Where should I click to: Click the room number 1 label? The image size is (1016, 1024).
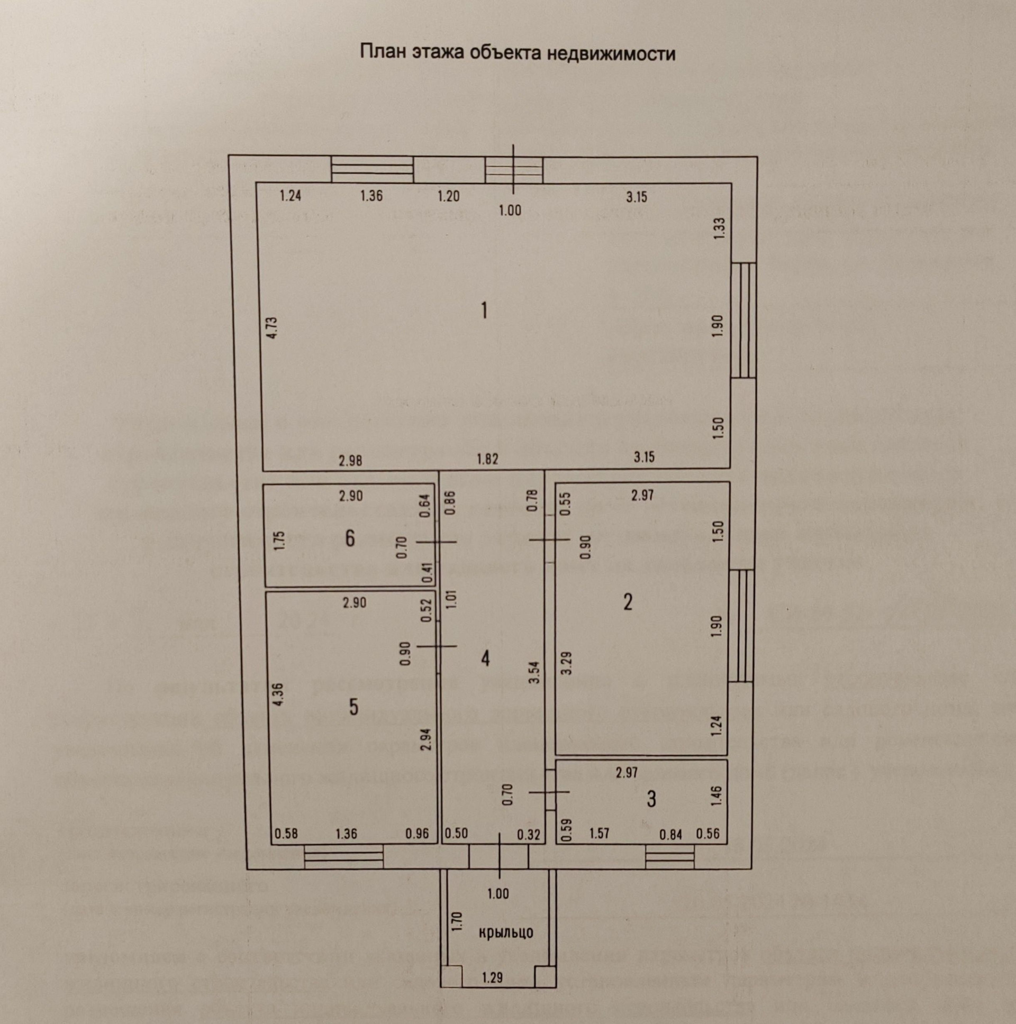pos(483,310)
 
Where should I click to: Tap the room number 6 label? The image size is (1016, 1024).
pos(350,539)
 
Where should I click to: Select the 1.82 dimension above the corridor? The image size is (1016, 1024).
pos(487,459)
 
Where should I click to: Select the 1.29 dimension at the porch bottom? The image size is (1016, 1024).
pos(493,977)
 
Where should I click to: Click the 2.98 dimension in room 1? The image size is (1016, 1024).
pos(350,461)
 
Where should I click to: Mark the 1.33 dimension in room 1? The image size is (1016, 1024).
pos(720,229)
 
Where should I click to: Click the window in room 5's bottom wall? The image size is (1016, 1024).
pos(343,856)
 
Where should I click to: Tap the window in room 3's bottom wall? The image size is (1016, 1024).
pos(670,856)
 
